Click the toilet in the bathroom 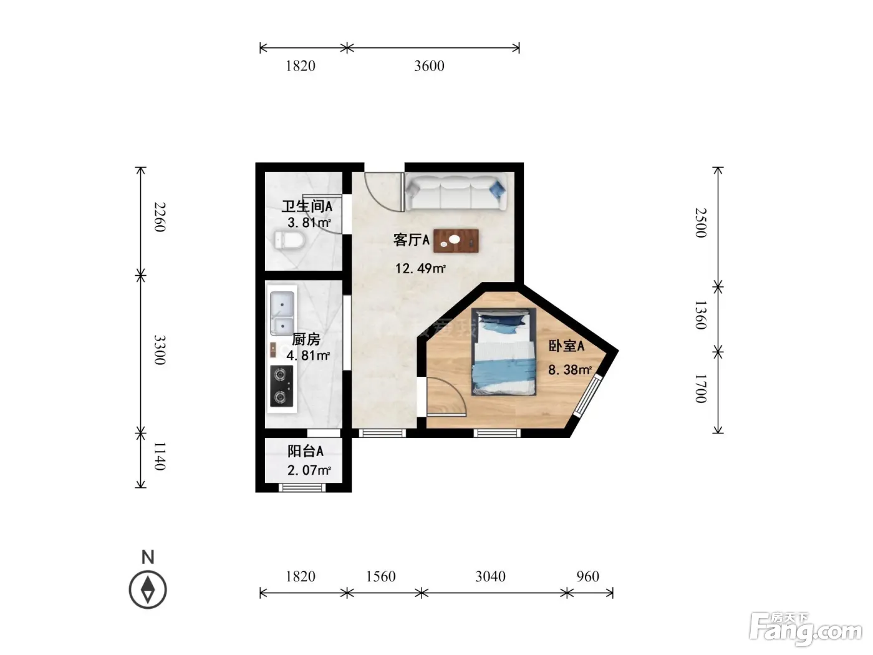tap(289, 240)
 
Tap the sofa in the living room tap(456, 193)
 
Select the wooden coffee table tap(456, 241)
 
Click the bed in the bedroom tap(503, 352)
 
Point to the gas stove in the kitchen tap(282, 386)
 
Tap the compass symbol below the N tap(148, 589)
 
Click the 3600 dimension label tap(429, 65)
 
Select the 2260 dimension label tap(160, 217)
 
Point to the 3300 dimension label tap(160, 350)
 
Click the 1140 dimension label tap(160, 456)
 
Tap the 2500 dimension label tap(701, 223)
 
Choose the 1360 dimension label tap(701, 315)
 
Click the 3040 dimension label tap(490, 576)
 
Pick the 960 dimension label tap(587, 576)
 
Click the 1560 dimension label tap(380, 576)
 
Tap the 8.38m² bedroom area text tap(569, 370)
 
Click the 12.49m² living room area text tap(420, 268)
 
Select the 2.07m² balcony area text tap(309, 470)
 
